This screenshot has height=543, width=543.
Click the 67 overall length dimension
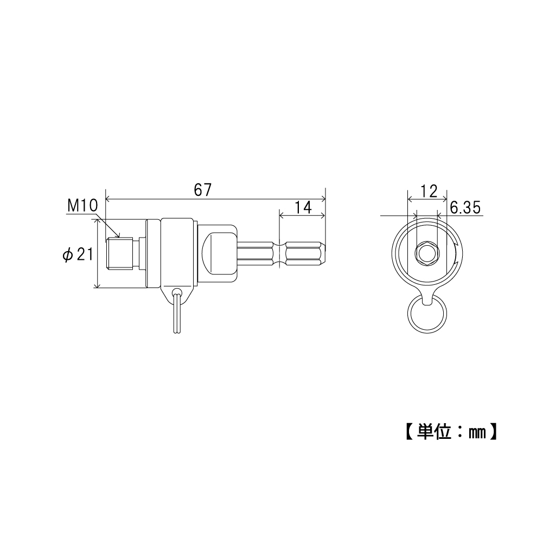coord(202,190)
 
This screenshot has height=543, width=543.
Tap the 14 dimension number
coord(303,207)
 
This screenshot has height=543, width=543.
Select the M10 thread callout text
coord(82,206)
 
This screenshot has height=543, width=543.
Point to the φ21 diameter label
coord(78,255)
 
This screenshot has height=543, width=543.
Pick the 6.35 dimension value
coord(465,208)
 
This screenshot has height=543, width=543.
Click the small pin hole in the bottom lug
coord(177,291)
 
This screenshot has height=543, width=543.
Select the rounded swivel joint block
coord(218,253)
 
